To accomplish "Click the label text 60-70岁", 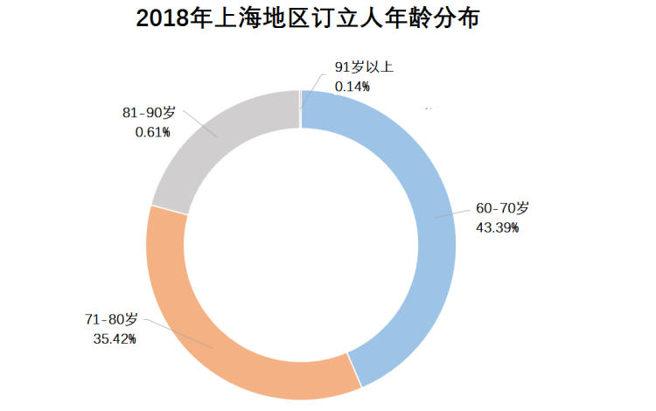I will click(x=502, y=208).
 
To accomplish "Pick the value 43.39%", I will click(x=496, y=227).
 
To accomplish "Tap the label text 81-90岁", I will click(x=149, y=113).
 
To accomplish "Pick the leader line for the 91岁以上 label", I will click(x=311, y=87).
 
